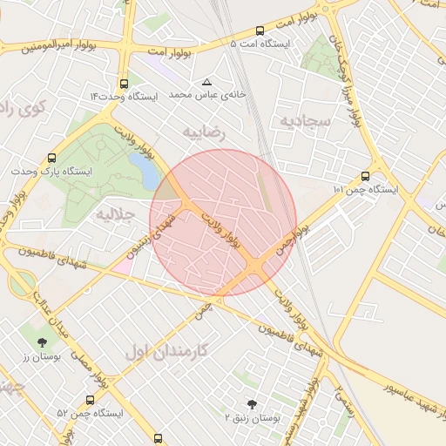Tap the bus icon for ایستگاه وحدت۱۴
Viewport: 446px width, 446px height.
point(124,84)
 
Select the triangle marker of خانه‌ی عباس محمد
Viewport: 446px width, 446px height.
point(206,82)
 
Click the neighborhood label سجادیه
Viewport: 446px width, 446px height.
point(304,120)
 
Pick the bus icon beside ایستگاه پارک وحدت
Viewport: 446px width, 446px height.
point(52,159)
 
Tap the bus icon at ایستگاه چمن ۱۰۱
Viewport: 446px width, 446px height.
point(364,177)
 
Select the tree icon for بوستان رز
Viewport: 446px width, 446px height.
point(42,341)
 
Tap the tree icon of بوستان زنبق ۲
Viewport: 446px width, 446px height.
point(253,404)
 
